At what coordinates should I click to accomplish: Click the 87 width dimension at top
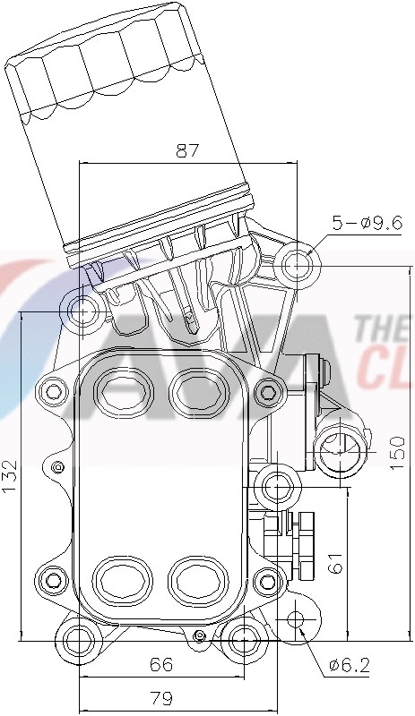186,151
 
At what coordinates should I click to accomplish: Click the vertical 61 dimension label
335,563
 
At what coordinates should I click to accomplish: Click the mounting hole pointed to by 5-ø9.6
297,265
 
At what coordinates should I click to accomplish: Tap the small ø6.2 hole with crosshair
297,621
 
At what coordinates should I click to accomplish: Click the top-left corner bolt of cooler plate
55,390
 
